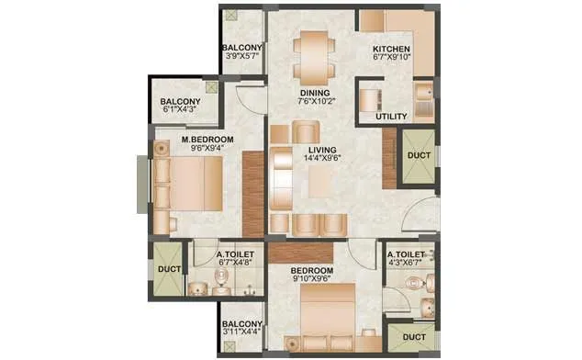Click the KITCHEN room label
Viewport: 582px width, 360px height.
tap(391, 50)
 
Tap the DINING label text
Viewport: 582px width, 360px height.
tap(313, 93)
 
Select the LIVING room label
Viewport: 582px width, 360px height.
tap(322, 149)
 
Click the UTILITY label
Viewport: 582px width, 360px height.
tap(391, 118)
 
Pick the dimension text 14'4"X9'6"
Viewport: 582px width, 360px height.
tap(322, 159)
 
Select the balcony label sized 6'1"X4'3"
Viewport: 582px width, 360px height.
tap(181, 102)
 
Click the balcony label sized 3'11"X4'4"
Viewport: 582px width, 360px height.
tap(243, 324)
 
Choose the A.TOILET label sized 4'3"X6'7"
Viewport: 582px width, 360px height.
tap(405, 254)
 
